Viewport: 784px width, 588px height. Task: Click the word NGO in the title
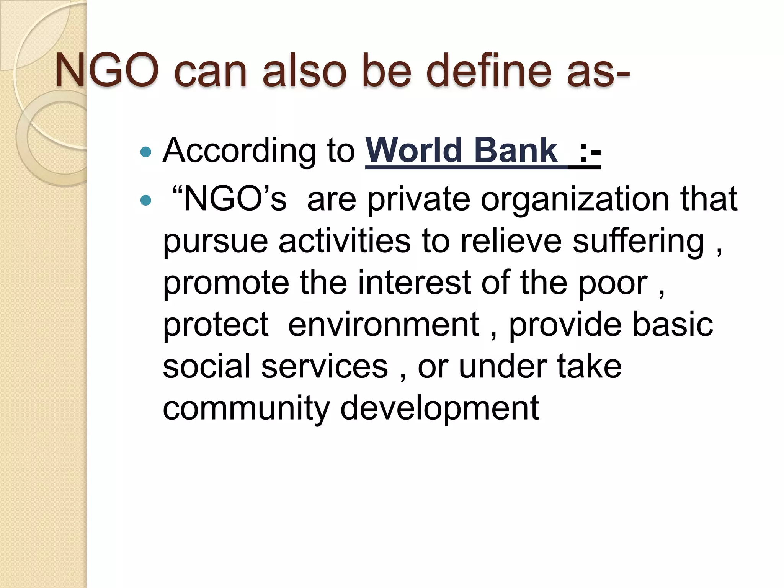[x=106, y=71]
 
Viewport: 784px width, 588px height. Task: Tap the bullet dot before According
[x=146, y=152]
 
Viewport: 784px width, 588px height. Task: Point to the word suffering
[x=638, y=242]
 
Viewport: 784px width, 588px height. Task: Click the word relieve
[x=511, y=241]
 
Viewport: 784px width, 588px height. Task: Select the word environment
[x=383, y=325]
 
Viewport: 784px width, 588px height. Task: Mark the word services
[x=325, y=366]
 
